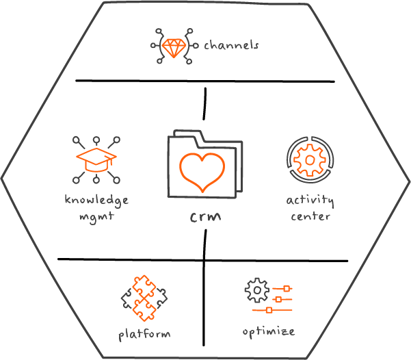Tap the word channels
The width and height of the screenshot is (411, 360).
(232, 47)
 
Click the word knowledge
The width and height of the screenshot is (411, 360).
(96, 201)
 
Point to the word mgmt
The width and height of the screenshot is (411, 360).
(96, 217)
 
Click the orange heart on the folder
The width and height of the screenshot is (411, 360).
(202, 170)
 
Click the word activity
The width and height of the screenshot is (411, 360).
(310, 201)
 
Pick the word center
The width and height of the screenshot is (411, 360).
(310, 216)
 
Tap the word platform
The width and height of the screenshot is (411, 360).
(144, 334)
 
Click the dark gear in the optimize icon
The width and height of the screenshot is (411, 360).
(255, 290)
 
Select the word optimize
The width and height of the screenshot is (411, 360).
(269, 331)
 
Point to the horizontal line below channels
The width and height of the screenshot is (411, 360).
(205, 81)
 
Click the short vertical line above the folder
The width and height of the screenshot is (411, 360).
(204, 103)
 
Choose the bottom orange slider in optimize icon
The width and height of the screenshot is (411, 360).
(269, 309)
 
